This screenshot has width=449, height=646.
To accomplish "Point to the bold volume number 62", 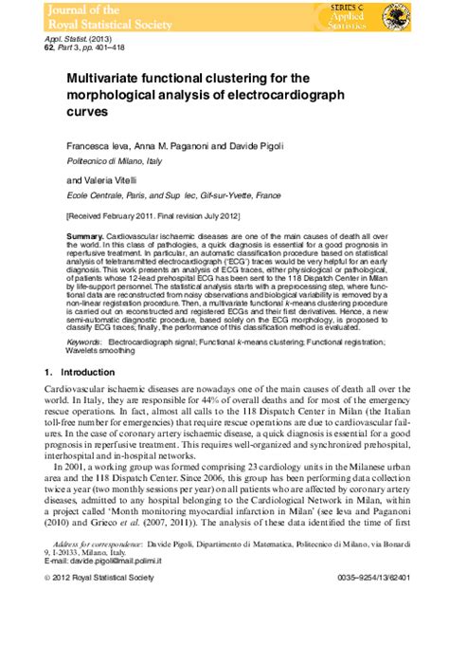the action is [x=50, y=45].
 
